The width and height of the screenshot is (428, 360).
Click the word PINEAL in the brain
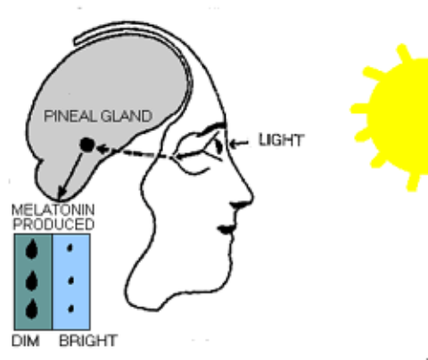point(70,116)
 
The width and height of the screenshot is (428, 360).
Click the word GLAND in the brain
point(127,116)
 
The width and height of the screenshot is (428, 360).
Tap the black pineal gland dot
point(87,144)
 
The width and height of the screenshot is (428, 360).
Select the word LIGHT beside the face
point(281,140)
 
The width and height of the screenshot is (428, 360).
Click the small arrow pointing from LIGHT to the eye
point(239,143)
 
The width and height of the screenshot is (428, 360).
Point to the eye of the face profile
point(218,146)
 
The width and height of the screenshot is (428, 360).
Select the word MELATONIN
point(53,210)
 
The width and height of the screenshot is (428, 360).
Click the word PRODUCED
point(53,224)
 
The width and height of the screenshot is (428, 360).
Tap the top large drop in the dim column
point(32,249)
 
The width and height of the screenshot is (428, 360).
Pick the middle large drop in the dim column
point(32,281)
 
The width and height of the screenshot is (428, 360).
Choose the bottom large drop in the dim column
point(32,309)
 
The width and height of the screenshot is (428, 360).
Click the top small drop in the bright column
point(70,248)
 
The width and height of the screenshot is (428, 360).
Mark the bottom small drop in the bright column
point(70,308)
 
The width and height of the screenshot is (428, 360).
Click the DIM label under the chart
point(26,340)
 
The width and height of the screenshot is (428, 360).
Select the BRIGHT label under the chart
point(88,340)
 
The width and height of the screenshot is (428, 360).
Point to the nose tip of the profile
point(252,196)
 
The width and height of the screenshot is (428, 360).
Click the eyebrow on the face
point(213,127)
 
